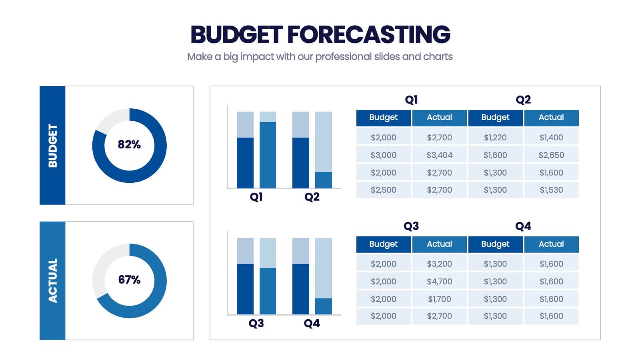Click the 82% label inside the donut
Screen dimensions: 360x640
pos(129,144)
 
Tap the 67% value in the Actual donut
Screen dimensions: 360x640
pos(129,280)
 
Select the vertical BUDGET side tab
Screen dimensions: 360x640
pos(52,145)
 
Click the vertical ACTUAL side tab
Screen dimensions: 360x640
pos(52,280)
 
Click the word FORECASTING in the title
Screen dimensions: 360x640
pos(368,34)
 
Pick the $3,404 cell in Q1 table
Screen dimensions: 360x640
pos(439,155)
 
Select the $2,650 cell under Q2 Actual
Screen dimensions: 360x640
pos(551,155)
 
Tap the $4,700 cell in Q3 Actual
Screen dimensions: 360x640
pos(439,282)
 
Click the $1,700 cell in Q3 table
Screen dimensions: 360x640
pos(439,299)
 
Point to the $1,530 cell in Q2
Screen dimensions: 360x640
pos(551,190)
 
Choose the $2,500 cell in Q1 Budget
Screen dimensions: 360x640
pos(383,190)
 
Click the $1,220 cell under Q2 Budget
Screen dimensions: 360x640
pos(495,138)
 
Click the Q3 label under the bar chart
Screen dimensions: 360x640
pos(256,323)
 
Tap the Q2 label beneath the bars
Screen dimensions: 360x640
pos(312,197)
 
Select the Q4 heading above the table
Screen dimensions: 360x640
pos(523,226)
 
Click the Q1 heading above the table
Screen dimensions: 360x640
pos(411,100)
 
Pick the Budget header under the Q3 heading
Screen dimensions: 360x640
pos(383,244)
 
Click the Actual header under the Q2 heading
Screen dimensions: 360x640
pos(551,118)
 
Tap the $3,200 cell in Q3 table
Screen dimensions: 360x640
pos(439,264)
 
